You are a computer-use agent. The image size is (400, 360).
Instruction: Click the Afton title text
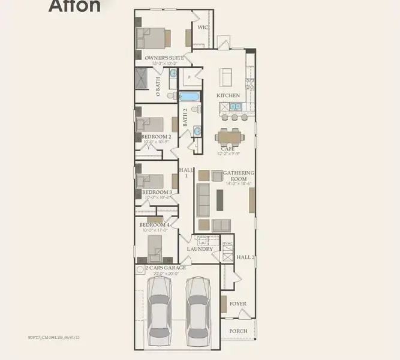74,6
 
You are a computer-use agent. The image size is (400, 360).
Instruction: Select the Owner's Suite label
164,58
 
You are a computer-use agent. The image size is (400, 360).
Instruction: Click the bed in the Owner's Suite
153,38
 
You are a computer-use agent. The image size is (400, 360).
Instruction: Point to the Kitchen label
228,95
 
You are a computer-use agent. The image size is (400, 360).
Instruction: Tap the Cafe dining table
230,137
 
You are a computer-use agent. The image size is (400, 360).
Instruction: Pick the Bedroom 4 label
156,224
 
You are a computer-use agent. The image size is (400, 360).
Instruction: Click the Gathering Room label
239,176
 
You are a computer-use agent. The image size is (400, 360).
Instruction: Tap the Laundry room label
200,248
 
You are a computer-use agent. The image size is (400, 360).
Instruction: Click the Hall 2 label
246,257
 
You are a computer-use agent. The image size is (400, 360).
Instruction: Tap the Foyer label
238,304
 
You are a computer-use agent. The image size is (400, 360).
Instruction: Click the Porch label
239,331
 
